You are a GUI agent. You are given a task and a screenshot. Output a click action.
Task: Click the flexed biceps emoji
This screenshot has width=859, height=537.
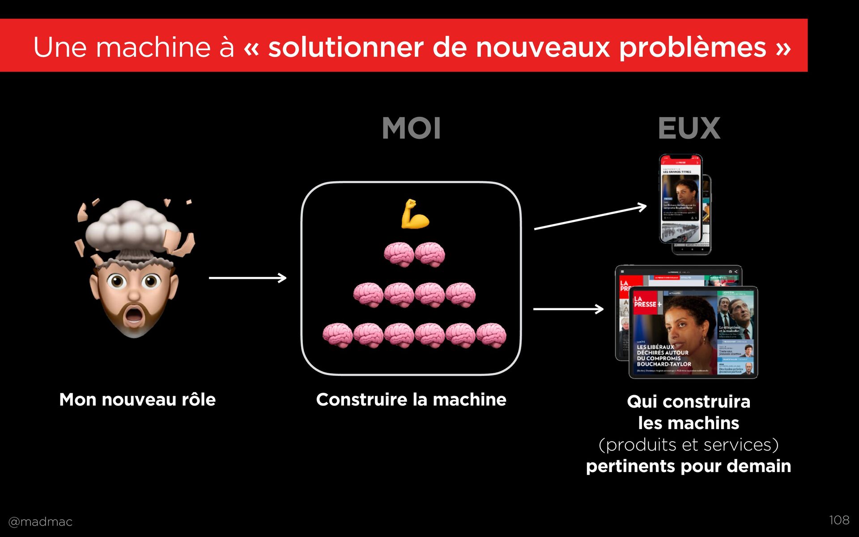tap(415, 214)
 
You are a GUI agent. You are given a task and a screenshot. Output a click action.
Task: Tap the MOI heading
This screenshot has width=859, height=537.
tap(412, 128)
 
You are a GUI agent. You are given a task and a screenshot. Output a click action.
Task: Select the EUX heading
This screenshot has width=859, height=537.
tap(689, 128)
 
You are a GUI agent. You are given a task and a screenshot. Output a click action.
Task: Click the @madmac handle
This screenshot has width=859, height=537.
tap(40, 522)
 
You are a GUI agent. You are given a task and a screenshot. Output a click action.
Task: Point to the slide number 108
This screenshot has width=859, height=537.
tap(839, 520)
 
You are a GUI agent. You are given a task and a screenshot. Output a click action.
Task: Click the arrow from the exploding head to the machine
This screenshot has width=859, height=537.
tap(247, 278)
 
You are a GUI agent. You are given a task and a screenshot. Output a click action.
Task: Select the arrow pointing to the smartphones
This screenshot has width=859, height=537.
tap(590, 217)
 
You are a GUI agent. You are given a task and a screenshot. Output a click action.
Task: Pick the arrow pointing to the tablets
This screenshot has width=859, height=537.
tap(568, 309)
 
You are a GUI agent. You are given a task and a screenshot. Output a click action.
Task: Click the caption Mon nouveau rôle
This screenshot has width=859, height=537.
tap(137, 400)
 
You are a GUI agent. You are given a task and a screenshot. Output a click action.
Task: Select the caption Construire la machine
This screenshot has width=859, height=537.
tap(411, 400)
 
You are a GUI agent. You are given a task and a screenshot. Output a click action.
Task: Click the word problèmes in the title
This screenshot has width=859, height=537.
tap(693, 47)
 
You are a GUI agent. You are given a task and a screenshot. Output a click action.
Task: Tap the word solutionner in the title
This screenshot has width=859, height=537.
tap(345, 47)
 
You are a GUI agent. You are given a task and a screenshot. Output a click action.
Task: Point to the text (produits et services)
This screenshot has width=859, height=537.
tap(689, 445)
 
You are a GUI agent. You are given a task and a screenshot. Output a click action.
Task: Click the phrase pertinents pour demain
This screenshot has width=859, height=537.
tap(689, 466)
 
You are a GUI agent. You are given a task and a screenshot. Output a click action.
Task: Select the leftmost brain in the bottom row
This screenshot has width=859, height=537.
tap(337, 335)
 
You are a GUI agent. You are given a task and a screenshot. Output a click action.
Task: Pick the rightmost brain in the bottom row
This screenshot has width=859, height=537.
tap(491, 335)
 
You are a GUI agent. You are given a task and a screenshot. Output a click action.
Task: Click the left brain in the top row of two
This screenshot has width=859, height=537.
tap(399, 254)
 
